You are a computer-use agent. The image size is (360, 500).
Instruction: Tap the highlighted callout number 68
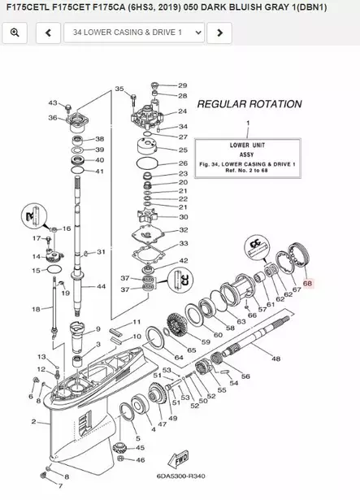click(x=307, y=284)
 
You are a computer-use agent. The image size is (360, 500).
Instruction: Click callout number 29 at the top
click(x=182, y=85)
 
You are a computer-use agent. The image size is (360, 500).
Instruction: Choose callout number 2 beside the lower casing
click(x=34, y=421)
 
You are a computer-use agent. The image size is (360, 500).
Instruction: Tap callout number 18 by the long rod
click(x=36, y=309)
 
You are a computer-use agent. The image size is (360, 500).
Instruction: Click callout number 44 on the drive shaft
click(x=102, y=287)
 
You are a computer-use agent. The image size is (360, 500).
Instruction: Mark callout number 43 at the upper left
click(x=53, y=103)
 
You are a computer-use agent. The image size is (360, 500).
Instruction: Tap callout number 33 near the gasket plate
click(x=184, y=243)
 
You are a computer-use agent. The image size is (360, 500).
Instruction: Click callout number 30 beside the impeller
click(x=184, y=217)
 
